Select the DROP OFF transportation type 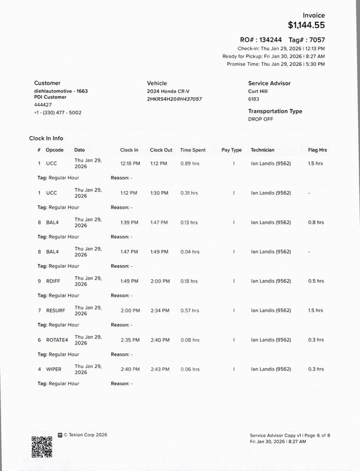[261, 119]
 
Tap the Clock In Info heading [46, 138]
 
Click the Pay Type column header [231, 150]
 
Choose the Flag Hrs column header [317, 150]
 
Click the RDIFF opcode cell [54, 281]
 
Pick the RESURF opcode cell [56, 310]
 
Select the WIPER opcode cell [54, 369]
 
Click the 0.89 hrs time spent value [189, 163]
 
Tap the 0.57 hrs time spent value [189, 310]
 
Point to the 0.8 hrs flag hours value [315, 222]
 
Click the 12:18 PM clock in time [129, 163]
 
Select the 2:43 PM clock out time [159, 369]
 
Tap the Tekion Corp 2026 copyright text [85, 435]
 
